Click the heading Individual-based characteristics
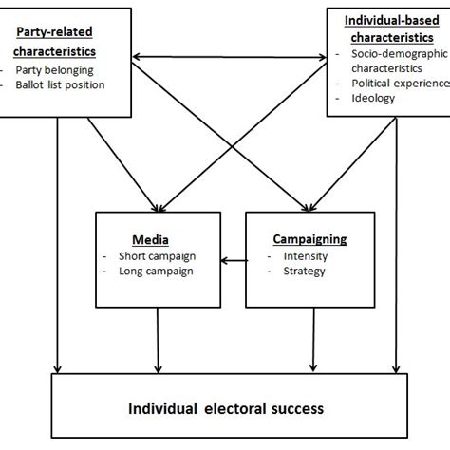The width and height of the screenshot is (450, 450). point(388,28)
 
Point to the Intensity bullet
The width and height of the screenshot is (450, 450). point(299,256)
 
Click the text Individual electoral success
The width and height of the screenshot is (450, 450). point(226,408)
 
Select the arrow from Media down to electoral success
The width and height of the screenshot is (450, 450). point(159,337)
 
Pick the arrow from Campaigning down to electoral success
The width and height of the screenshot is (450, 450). point(312,337)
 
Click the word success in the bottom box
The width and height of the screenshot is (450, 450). point(295,408)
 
